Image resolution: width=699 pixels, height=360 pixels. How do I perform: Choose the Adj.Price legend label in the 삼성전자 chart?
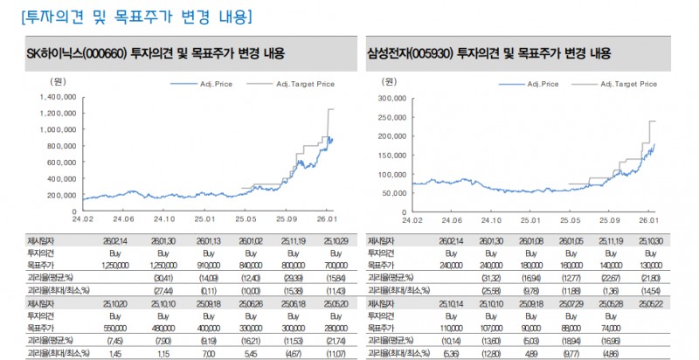542,84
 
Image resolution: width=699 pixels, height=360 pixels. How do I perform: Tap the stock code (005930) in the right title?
426,53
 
